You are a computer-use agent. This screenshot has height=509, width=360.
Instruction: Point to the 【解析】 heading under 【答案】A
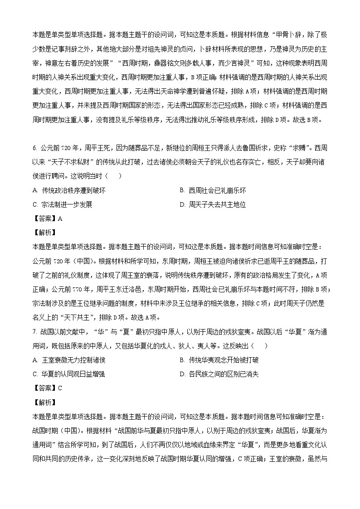click(x=44, y=233)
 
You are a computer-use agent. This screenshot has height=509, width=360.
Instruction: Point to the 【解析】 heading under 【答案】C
click(x=44, y=402)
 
